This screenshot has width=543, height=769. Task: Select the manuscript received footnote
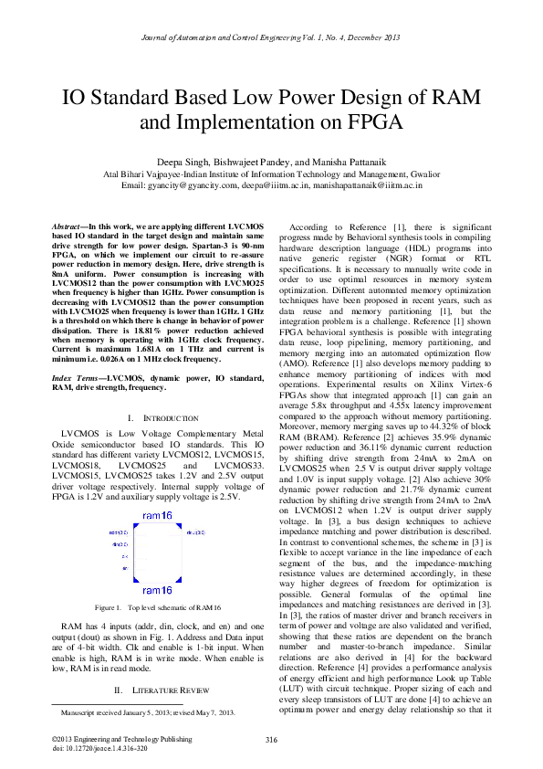(148, 711)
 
